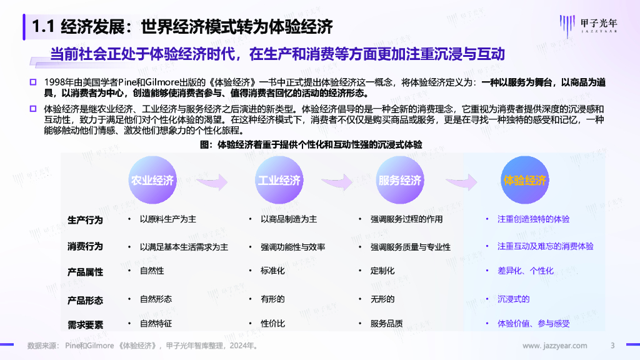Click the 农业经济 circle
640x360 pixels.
coord(152,181)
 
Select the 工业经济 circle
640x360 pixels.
coord(279,181)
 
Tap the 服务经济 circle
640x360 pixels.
coord(400,181)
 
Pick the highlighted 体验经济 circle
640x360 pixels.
coord(525,181)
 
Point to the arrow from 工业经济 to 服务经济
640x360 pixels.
coord(340,181)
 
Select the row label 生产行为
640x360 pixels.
coord(85,220)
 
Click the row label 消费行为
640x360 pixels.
coord(85,246)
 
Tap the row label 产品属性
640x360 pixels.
coord(85,272)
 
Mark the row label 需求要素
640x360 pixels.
coord(85,324)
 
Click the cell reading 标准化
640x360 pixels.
coord(272,271)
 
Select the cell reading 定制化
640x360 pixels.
coord(382,271)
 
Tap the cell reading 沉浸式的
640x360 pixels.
coord(513,299)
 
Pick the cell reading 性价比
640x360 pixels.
coord(272,324)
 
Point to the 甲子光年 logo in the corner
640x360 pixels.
coord(594,24)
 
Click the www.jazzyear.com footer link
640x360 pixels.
coord(554,346)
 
